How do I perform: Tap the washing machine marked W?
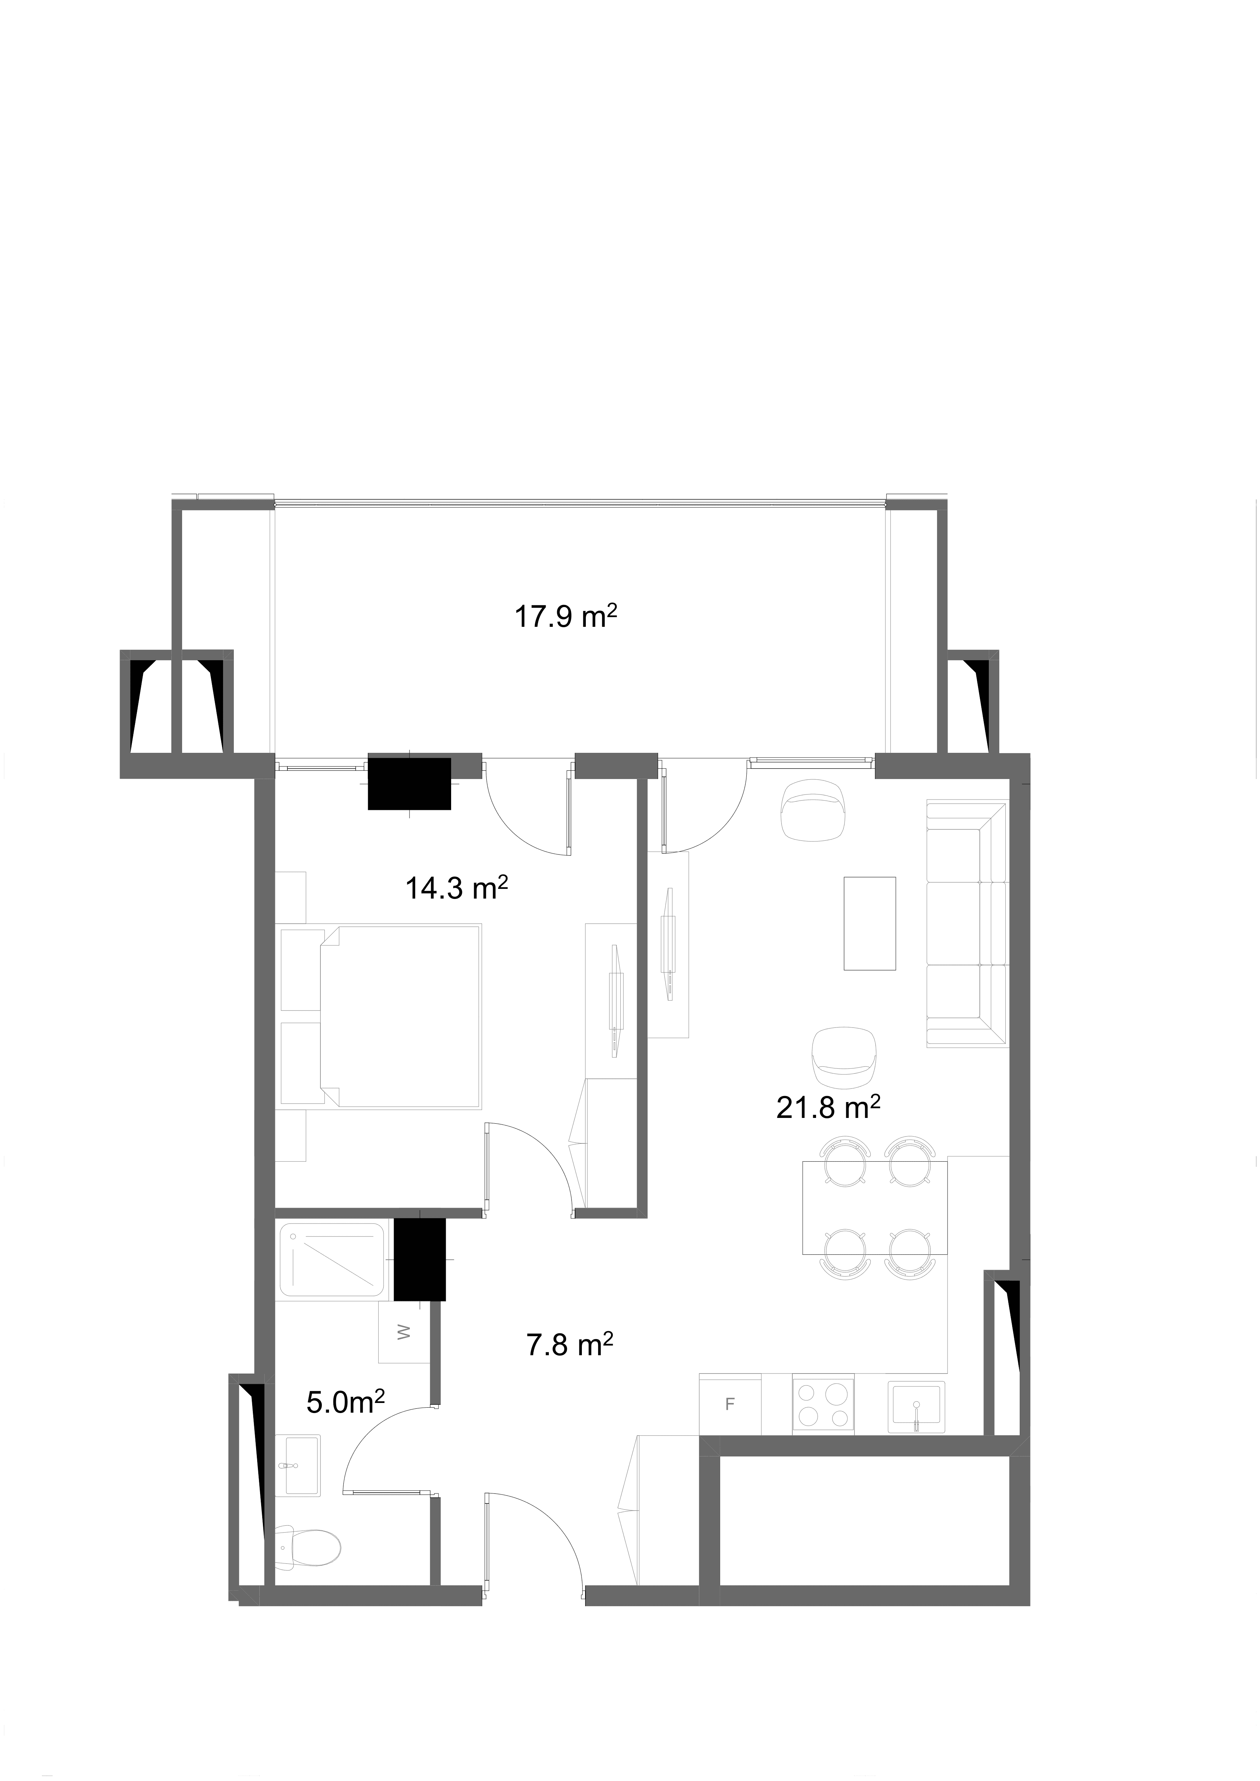(x=403, y=1333)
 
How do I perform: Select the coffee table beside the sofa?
(x=870, y=923)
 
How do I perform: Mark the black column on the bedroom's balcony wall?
(x=409, y=783)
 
